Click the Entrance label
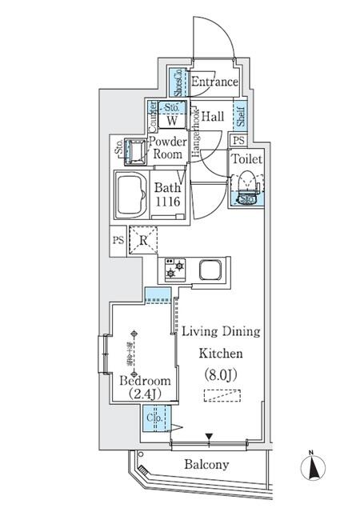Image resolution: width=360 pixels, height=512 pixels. point(214,82)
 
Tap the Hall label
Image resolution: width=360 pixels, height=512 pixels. point(212,116)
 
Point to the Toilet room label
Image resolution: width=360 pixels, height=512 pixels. point(246,158)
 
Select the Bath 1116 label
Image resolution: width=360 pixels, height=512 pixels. point(166,196)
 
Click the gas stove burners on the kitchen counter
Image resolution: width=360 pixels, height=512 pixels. point(174,270)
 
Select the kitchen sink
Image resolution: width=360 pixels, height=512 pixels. point(210,270)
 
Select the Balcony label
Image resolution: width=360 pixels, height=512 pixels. point(206,464)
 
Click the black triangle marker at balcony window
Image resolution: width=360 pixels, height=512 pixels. point(209,436)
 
